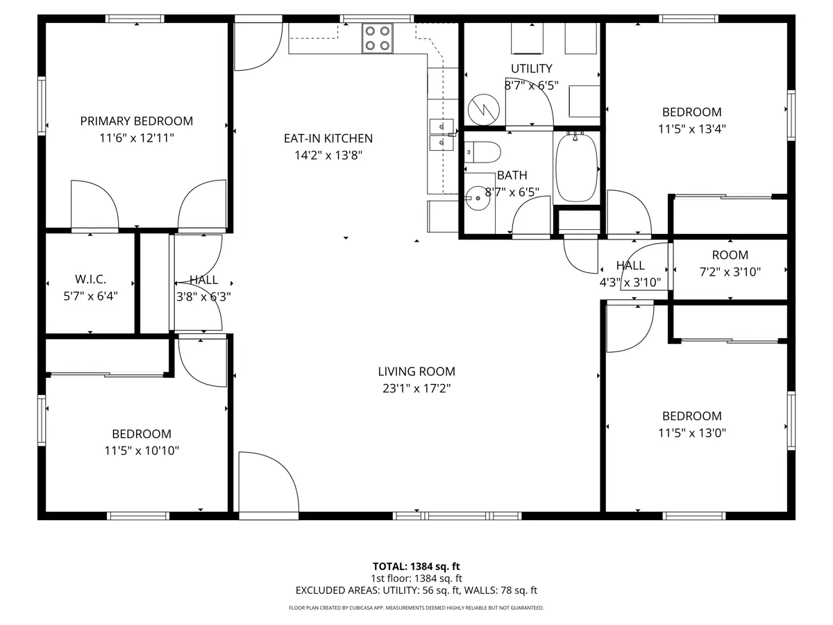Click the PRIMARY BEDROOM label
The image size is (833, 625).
coord(137,121)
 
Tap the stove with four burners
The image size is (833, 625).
coord(377,38)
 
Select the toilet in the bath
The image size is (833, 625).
coord(482,152)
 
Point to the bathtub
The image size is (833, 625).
coord(576,168)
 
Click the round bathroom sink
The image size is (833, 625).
coord(478,198)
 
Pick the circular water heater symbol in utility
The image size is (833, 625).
coord(483,110)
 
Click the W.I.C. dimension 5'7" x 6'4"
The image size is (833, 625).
coord(91,296)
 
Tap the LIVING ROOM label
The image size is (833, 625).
coord(416,372)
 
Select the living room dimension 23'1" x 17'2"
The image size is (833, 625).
coord(416,389)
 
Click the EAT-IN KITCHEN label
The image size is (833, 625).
coord(328,138)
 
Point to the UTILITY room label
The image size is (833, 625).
coord(531,69)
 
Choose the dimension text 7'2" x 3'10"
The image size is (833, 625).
coord(730,272)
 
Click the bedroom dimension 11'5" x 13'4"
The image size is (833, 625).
coord(692,129)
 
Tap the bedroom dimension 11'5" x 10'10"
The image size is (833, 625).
coord(142,451)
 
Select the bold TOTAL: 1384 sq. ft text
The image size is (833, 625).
coord(416,567)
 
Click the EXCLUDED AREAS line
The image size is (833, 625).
coord(416,590)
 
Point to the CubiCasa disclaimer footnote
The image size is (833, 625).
coord(416,608)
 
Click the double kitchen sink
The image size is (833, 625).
coord(441,135)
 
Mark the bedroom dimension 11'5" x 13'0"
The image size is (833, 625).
coord(692,433)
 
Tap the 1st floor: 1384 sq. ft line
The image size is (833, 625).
coord(416,578)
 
